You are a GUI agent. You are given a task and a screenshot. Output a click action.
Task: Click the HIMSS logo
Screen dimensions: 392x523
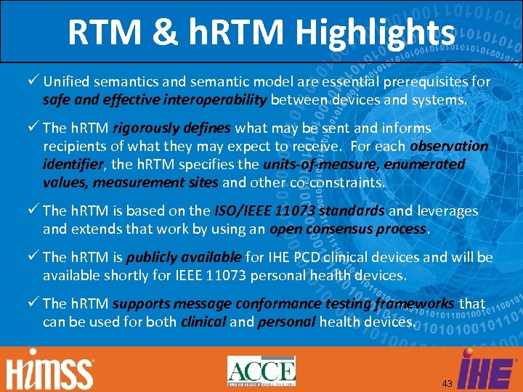tap(50, 369)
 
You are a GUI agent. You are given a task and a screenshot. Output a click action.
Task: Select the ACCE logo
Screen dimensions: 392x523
tap(261, 370)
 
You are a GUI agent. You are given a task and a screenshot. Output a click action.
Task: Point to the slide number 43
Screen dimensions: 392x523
tap(447, 383)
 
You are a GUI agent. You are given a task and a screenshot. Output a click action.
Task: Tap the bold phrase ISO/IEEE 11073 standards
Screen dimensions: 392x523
tap(299, 211)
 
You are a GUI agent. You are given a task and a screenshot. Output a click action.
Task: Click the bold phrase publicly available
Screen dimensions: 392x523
tap(183, 257)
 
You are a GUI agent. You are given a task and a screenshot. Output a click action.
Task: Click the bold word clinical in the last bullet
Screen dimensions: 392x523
tap(203, 322)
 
